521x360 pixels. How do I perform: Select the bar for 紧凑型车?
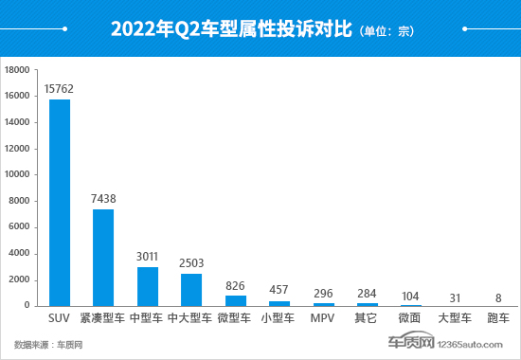click(x=102, y=257)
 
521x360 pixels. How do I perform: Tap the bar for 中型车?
click(x=147, y=285)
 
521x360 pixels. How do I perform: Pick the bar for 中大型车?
click(x=191, y=289)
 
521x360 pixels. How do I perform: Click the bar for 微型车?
click(x=235, y=300)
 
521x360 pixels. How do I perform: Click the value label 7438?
click(x=102, y=199)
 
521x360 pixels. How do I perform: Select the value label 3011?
click(x=147, y=257)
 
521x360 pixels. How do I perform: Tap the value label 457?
click(x=278, y=291)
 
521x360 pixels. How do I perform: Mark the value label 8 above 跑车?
click(x=498, y=296)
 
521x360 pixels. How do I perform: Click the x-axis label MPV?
click(x=322, y=317)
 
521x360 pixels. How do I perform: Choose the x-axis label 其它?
click(x=367, y=317)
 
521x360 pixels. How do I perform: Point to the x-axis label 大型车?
click(x=455, y=317)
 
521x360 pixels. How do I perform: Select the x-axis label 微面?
click(x=410, y=317)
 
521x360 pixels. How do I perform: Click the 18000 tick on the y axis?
click(x=18, y=70)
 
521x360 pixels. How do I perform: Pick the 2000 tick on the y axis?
click(x=21, y=279)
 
